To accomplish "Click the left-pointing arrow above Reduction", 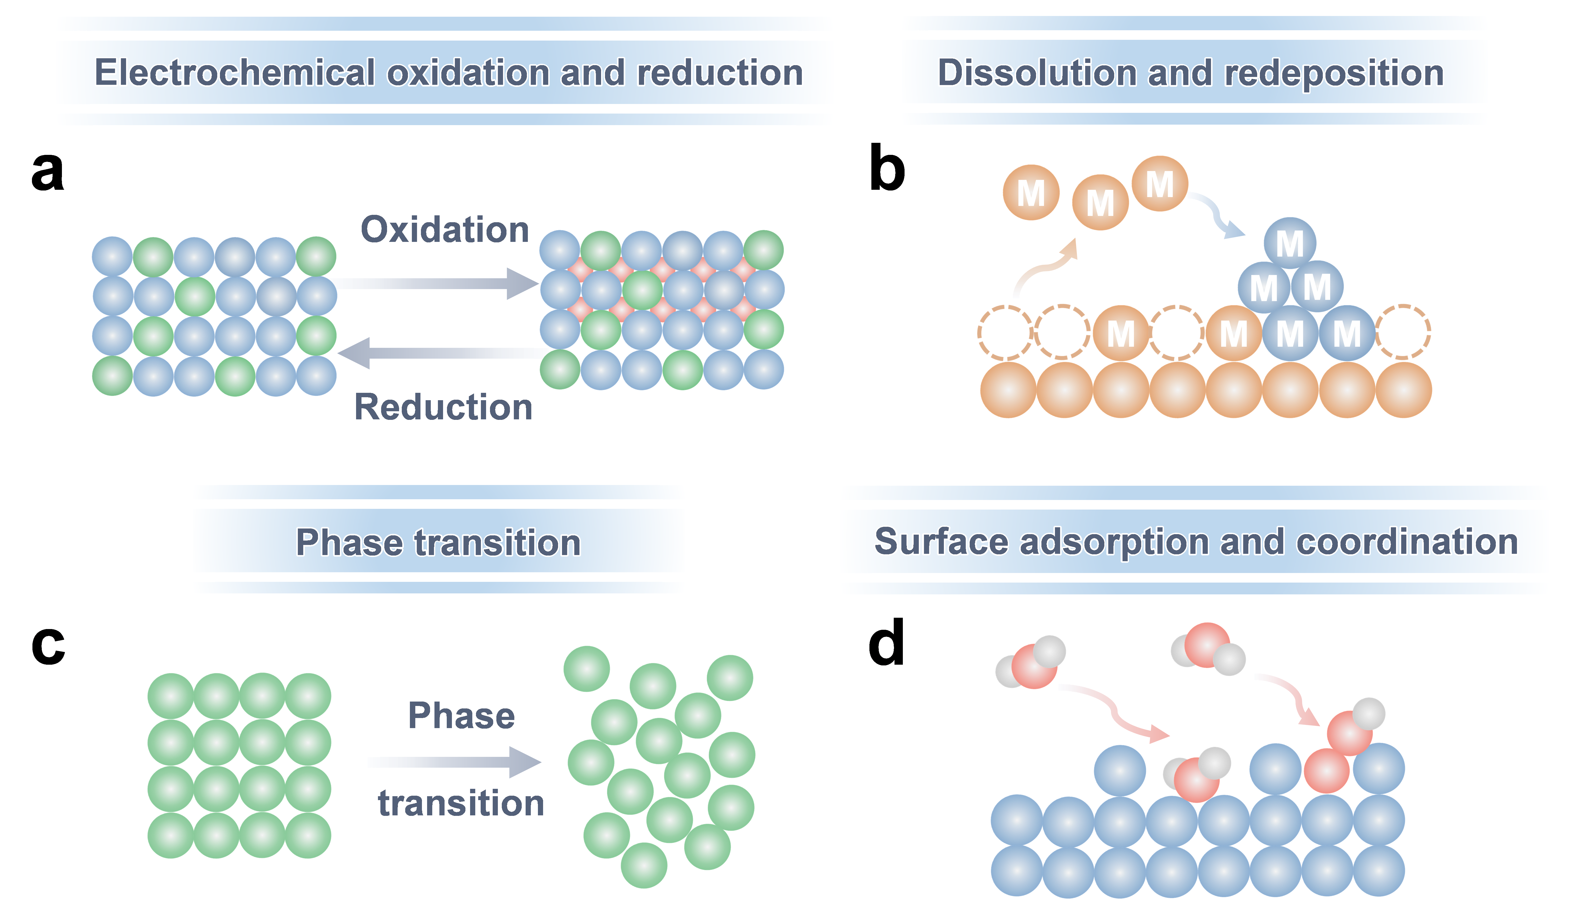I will [437, 353].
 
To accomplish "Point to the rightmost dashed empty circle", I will [1403, 332].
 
